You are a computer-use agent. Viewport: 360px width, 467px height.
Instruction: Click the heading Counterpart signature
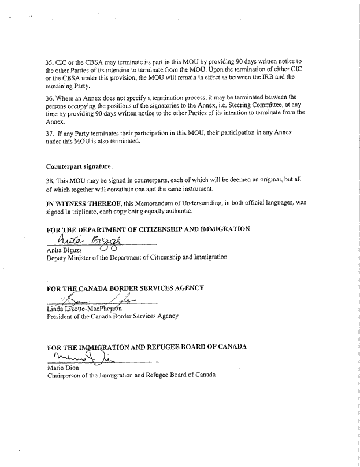click(x=78, y=166)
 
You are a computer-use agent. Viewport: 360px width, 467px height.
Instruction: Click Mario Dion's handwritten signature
click(x=81, y=357)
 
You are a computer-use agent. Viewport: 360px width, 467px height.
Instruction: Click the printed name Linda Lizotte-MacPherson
click(x=84, y=308)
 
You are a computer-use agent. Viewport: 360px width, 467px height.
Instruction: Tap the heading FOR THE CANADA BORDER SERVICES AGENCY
click(x=125, y=288)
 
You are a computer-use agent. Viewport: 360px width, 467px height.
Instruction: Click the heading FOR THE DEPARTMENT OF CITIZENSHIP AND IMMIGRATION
click(x=148, y=229)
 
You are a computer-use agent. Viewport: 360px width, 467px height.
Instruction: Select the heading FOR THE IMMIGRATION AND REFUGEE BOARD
click(x=147, y=347)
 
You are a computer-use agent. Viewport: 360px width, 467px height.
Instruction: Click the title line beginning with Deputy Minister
click(x=136, y=258)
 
